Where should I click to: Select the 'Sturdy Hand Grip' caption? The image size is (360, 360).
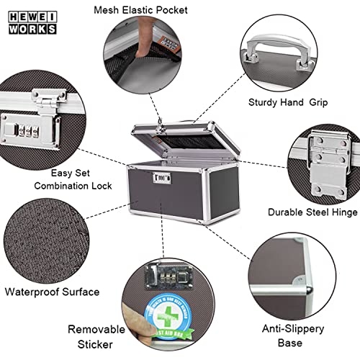pos(289,102)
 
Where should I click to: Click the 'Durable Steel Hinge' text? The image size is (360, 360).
pos(311,212)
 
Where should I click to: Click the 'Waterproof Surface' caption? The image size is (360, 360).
pos(52,292)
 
